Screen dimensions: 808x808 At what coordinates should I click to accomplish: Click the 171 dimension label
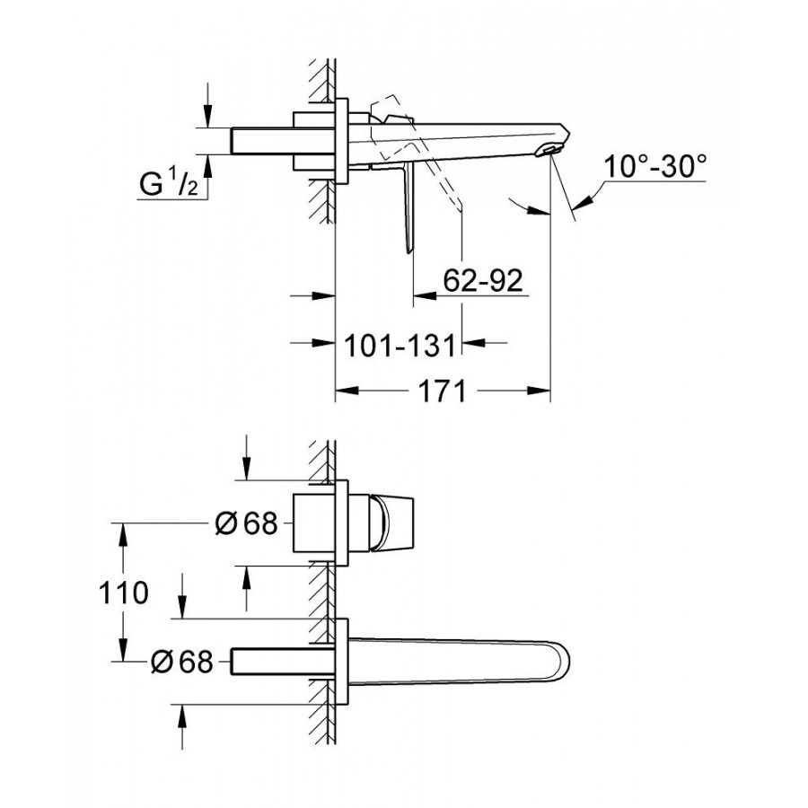[442, 391]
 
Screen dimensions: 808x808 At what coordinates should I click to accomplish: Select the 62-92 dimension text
[483, 281]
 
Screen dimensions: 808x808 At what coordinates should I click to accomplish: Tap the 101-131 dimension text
[400, 345]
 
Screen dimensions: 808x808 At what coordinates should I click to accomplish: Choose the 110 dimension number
[124, 593]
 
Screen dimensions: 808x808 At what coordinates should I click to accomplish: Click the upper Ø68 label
[246, 524]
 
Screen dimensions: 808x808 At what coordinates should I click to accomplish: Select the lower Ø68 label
[182, 661]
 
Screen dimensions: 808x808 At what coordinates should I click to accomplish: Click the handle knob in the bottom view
[391, 523]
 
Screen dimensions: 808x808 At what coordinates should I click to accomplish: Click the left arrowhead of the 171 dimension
[347, 391]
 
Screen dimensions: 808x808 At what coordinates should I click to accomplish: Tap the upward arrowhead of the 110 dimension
[123, 534]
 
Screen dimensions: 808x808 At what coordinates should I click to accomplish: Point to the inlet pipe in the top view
[283, 141]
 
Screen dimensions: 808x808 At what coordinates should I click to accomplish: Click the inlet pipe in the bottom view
[283, 661]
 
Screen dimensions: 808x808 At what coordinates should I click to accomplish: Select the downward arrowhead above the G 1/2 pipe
[207, 116]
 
